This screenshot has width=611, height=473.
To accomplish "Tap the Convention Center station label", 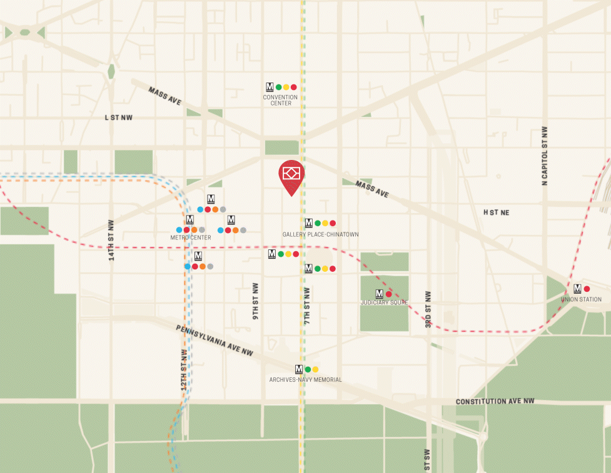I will click(x=280, y=100).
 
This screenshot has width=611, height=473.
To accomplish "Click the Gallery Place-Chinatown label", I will click(x=320, y=234).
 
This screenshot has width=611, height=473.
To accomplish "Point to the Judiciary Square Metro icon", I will click(x=379, y=294).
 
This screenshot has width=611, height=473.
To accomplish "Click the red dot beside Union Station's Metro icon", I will click(x=587, y=289).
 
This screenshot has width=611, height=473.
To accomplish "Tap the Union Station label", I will click(x=581, y=300).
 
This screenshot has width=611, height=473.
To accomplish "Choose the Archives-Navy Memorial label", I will click(x=305, y=380).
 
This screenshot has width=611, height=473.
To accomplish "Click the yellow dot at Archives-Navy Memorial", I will click(x=315, y=369).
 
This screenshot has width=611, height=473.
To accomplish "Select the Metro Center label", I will click(x=190, y=237).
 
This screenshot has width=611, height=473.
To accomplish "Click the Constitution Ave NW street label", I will click(x=495, y=401).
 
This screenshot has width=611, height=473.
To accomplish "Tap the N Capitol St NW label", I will click(x=545, y=156).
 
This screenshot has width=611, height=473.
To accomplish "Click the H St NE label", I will click(x=496, y=212).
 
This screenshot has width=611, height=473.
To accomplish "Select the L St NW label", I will click(x=119, y=117).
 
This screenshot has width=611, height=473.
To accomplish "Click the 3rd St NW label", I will click(x=428, y=310).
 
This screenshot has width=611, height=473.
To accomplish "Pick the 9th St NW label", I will click(x=256, y=302).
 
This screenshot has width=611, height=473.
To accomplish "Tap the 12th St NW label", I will click(x=184, y=369).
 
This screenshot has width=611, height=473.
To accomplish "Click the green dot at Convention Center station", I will click(x=278, y=87).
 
